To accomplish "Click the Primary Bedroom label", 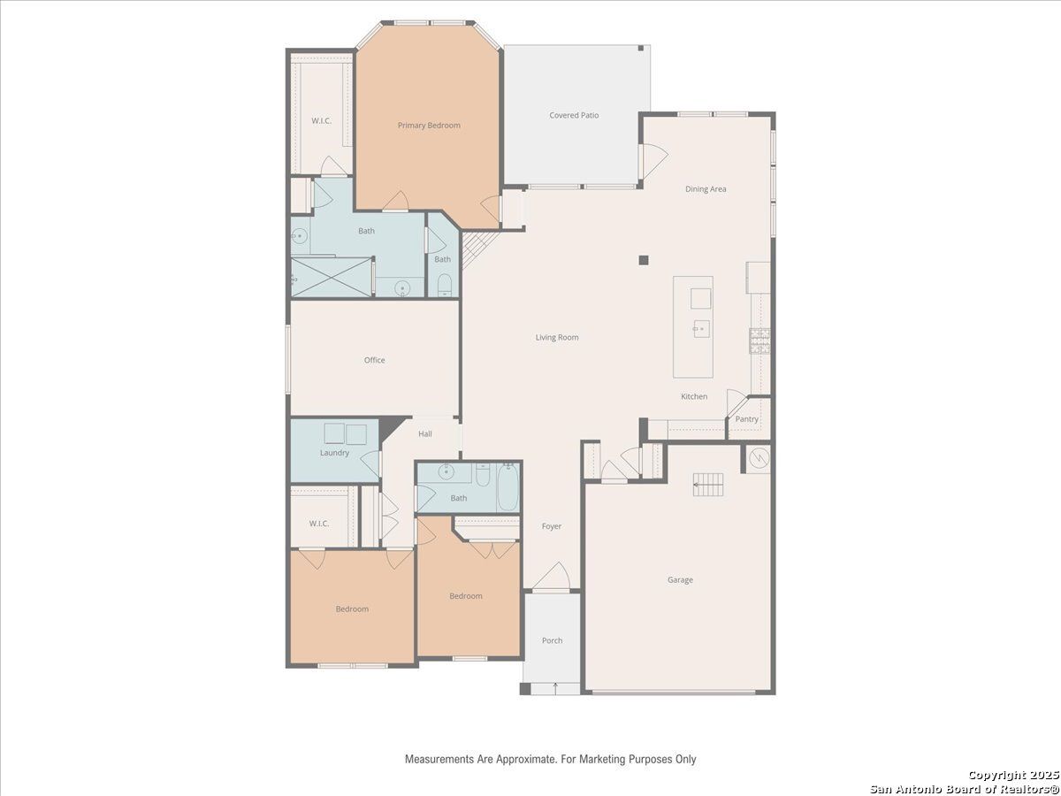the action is coord(429,126).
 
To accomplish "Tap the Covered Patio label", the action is coord(574,115).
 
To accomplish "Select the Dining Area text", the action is coord(706,189).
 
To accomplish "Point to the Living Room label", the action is coord(557,337).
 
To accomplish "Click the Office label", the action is coord(375,360).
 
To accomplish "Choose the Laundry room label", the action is coord(334,453).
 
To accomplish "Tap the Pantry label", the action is coord(747,419).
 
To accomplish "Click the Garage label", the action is coord(680,579).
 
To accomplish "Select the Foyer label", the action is coord(552,526).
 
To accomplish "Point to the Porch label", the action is coord(552,640).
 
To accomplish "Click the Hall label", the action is coord(425,434).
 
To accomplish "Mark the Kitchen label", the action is coord(694,396).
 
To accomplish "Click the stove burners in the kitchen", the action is coord(759,341).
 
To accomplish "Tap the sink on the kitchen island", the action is coord(701,329).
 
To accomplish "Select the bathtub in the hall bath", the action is coord(508,487).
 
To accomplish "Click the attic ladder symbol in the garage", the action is coord(708,485).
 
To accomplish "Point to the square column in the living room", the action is coord(644,260).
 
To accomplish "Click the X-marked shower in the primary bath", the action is coord(332,277).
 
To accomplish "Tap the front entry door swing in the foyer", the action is coord(552,576).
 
